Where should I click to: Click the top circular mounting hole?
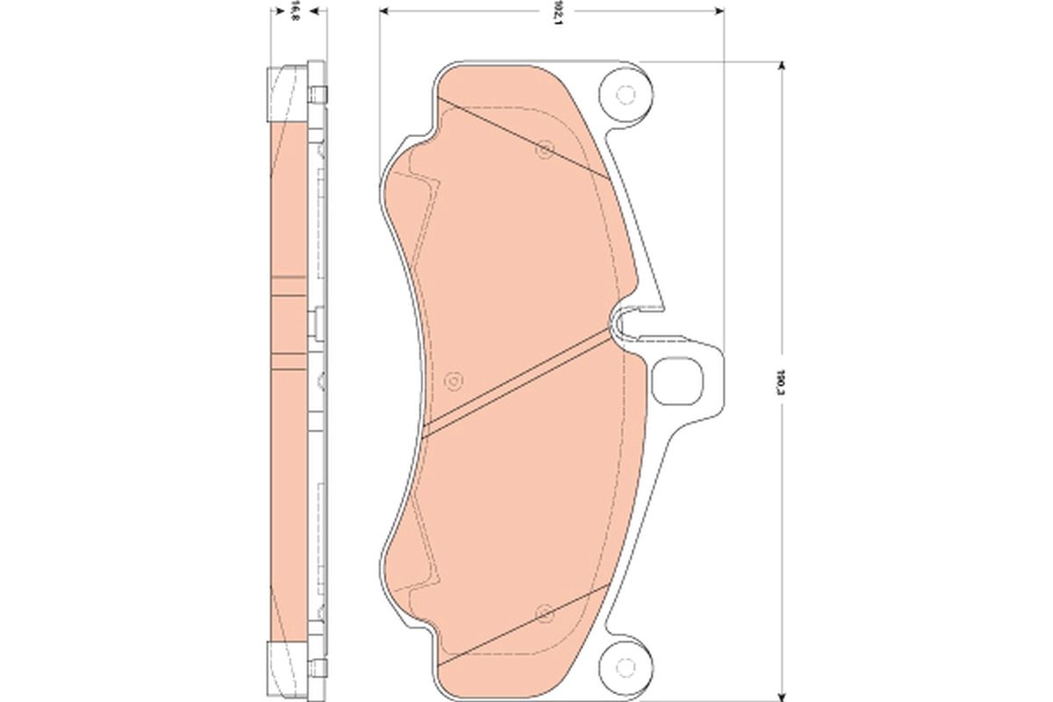coord(626,93)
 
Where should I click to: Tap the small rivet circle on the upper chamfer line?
coord(543,150)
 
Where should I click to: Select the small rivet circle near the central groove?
coord(453,380)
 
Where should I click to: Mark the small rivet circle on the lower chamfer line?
coord(543,611)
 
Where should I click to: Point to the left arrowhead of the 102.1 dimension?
coord(384,11)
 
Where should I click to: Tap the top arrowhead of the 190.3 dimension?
coord(779,67)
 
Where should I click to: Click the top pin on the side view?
coord(319,93)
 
